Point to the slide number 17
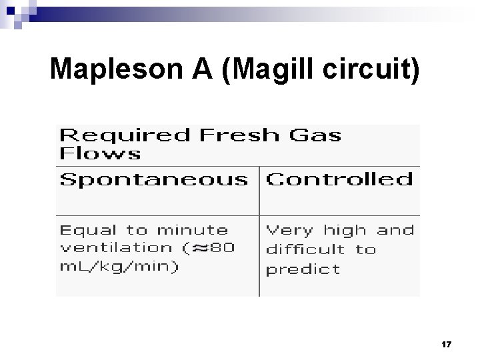tap(446, 344)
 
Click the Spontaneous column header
tap(153, 180)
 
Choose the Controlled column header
tap(339, 180)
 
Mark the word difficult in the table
tap(306, 249)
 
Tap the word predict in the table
tap(303, 269)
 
